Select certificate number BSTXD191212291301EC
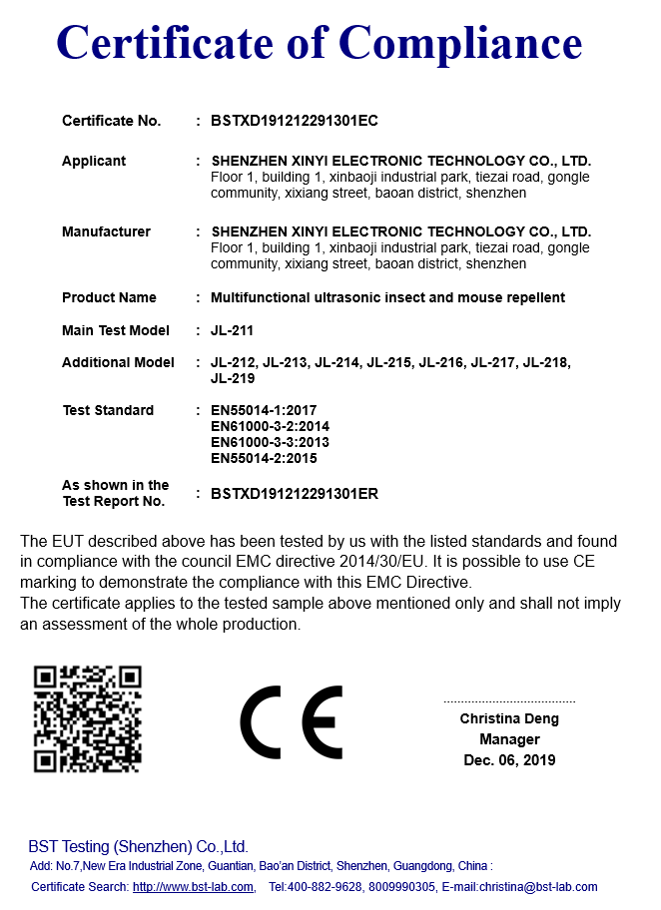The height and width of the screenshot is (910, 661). point(295,121)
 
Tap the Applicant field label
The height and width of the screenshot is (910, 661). point(94,161)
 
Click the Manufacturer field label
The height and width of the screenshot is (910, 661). point(106,231)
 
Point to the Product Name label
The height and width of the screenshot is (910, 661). point(109,297)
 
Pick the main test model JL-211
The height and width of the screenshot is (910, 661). point(233,330)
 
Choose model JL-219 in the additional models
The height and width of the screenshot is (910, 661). point(233,378)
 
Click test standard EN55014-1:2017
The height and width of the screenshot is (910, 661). point(264,410)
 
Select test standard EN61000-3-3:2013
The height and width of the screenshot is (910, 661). point(270,442)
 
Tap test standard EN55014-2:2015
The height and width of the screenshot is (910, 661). point(264,458)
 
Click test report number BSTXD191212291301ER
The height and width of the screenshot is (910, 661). point(295,493)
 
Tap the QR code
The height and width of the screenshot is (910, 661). point(88,719)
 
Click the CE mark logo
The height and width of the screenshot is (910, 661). point(291,721)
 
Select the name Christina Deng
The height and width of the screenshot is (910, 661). point(509,718)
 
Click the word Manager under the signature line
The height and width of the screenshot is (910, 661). point(509,739)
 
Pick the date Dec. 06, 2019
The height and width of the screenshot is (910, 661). point(509,760)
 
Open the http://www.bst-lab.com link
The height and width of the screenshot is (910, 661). point(194,887)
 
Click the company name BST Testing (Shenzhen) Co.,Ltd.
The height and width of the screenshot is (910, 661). point(138,846)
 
